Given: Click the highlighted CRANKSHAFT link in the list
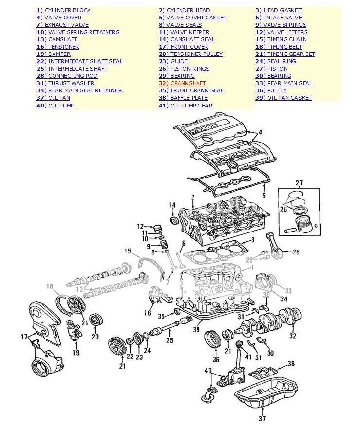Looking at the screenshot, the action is pos(182,83).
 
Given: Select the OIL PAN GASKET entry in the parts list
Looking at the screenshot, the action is pos(284,98).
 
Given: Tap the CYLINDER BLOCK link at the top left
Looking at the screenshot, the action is pos(64,10).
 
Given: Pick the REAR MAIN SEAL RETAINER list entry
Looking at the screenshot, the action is pos(79,90).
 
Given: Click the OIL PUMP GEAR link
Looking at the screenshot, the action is pos(186,106).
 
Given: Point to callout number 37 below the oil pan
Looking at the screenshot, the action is pos(262,418).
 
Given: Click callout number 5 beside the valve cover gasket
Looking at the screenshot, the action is pos(264,195).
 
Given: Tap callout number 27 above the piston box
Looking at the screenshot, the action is pos(299,183).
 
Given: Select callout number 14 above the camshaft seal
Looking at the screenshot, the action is pos(172,205).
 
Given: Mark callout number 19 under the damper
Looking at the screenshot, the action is pos(76,353).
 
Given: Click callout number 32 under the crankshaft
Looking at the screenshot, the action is pos(292,335).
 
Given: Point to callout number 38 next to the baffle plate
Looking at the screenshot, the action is pos(291,363).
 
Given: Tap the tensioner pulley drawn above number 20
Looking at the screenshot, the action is pos(95,320).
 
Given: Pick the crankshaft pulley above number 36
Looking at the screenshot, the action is pos(213,339).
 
